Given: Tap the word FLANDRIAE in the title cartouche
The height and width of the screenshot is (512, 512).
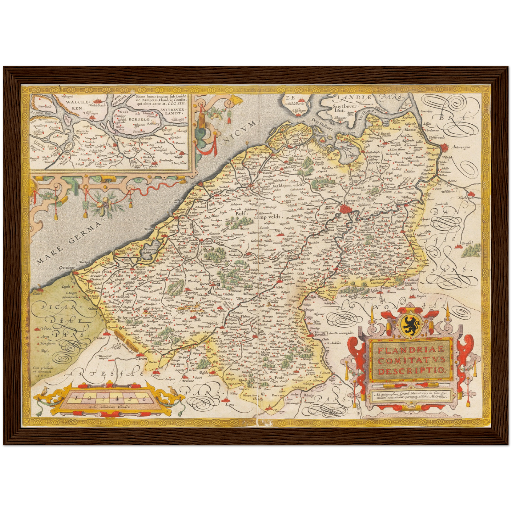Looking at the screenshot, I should click(411, 350).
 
